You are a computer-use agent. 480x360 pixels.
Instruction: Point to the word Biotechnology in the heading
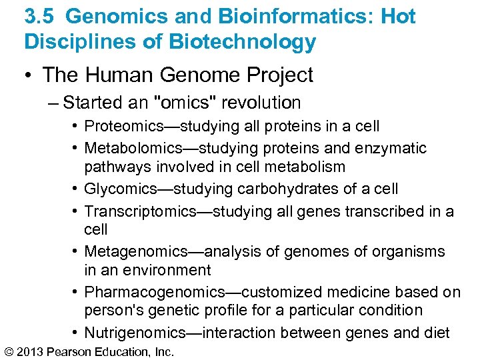[x=242, y=41]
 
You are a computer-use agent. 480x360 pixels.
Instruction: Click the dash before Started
[x=54, y=103]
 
